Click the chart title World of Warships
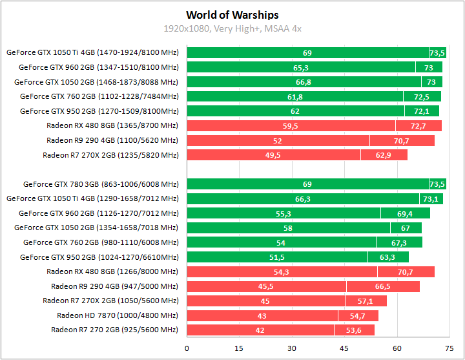click(232, 15)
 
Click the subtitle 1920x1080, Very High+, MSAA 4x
click(232, 28)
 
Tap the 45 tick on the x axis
click(345, 348)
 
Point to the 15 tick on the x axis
click(240, 348)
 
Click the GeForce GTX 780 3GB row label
click(101, 184)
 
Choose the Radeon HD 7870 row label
click(118, 315)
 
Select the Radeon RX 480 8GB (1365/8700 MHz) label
click(112, 125)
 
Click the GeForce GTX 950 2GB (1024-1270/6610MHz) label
click(99, 257)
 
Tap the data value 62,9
click(384, 155)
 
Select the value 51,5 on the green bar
click(276, 257)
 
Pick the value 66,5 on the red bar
click(382, 286)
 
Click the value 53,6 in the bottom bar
click(354, 330)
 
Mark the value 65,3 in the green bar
click(301, 67)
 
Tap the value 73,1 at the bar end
click(430, 199)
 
